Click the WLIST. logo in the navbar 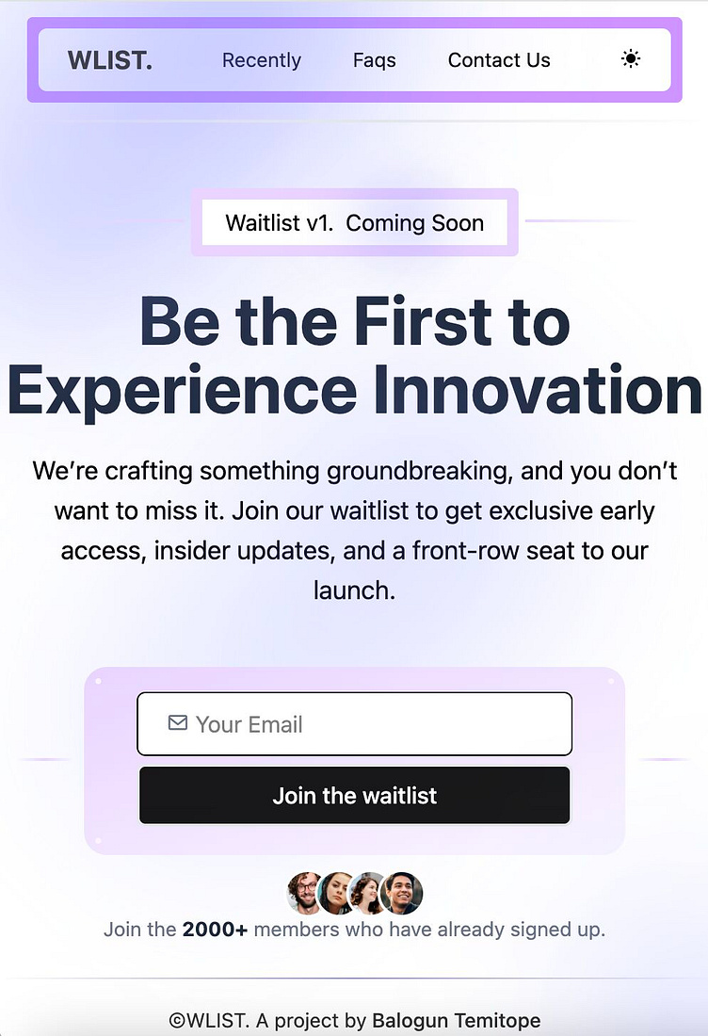109,60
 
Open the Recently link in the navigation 262,60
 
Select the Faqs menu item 375,60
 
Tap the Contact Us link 499,60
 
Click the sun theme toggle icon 631,59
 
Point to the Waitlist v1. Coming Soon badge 355,223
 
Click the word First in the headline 422,321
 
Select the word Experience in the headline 182,390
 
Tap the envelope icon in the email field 177,723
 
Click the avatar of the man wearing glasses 306,893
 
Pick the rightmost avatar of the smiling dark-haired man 403,893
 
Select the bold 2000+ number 215,930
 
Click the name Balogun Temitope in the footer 456,1021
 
